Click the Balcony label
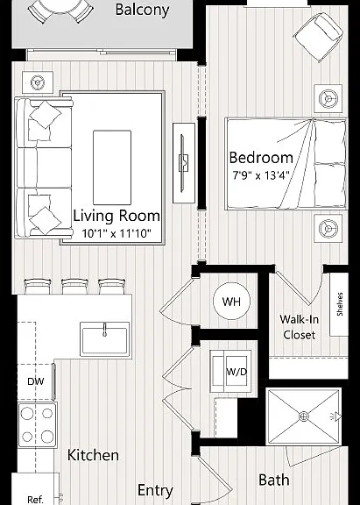(x=142, y=10)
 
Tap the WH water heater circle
(x=231, y=301)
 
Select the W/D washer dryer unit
(x=230, y=371)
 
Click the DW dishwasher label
(x=35, y=381)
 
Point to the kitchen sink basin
(x=104, y=340)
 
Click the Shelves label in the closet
(x=340, y=303)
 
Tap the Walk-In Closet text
(x=300, y=327)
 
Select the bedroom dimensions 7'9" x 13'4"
(x=261, y=176)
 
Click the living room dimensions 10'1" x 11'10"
(x=116, y=233)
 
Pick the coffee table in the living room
(x=112, y=167)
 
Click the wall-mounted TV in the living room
(x=183, y=163)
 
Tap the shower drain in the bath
(x=303, y=416)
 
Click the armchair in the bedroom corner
(x=318, y=37)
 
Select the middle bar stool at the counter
(x=74, y=287)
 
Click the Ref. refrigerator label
(x=35, y=500)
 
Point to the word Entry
(x=155, y=490)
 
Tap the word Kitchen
(x=93, y=455)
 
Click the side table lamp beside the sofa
(x=38, y=82)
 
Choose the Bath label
(x=274, y=480)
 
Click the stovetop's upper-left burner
(x=27, y=414)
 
